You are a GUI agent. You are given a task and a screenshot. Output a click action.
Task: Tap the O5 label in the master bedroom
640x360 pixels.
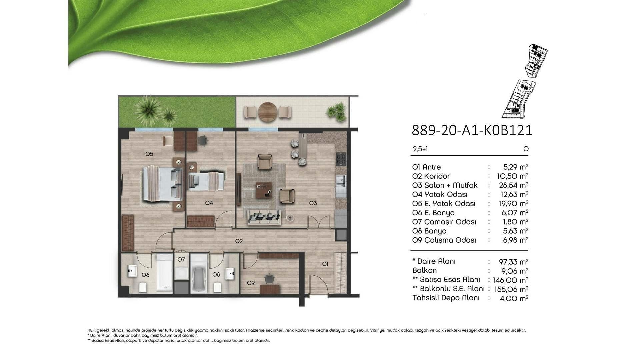pyautogui.click(x=149, y=154)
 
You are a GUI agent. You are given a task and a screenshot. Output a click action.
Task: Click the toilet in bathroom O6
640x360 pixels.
pyautogui.click(x=143, y=287)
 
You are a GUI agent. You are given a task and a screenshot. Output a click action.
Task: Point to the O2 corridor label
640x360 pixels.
pyautogui.click(x=239, y=241)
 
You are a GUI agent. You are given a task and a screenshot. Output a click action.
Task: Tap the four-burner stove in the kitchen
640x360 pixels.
pyautogui.click(x=341, y=159)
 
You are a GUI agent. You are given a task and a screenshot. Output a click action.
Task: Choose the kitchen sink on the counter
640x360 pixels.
pyautogui.click(x=341, y=180)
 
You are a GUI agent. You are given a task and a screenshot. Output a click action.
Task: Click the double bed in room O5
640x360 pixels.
pyautogui.click(x=163, y=184)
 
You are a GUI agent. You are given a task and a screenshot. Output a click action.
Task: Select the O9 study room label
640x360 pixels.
pyautogui.click(x=251, y=283)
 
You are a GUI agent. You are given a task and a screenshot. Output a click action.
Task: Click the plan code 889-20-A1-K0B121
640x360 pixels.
pyautogui.click(x=472, y=130)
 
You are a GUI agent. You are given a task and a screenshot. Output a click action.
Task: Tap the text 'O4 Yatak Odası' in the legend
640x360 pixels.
pyautogui.click(x=440, y=194)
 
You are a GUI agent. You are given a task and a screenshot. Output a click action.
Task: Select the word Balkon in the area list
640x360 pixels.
pyautogui.click(x=424, y=270)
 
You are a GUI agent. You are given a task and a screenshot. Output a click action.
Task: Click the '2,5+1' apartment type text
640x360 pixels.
pyautogui.click(x=420, y=149)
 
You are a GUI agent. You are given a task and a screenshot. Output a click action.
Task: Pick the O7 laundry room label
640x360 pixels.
pyautogui.click(x=181, y=259)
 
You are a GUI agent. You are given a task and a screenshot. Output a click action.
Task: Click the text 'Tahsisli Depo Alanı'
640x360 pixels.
pyautogui.click(x=446, y=298)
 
